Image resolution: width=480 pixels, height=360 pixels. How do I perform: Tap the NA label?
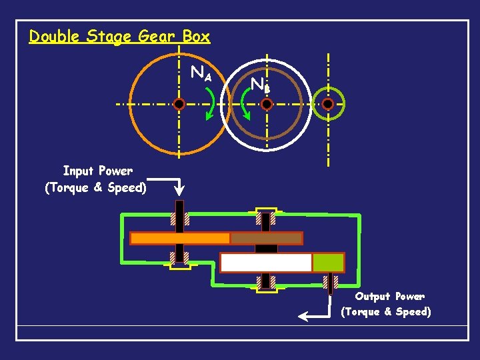(201, 73)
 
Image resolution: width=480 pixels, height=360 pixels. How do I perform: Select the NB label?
(259, 85)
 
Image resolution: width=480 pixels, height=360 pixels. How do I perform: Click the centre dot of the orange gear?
(179, 104)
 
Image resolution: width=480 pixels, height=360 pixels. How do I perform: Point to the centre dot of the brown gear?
(267, 104)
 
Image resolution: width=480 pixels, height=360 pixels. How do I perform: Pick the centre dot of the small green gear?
(328, 104)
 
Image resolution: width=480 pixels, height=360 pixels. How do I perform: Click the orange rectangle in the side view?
(180, 238)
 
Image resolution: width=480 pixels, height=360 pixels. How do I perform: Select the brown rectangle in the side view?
(266, 238)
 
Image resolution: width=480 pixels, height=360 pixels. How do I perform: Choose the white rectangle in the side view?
(266, 263)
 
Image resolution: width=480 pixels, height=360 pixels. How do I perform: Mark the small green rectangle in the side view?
(328, 263)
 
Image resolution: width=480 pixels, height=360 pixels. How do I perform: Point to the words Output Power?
(389, 296)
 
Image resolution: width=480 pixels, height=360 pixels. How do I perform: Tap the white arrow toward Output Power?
(313, 313)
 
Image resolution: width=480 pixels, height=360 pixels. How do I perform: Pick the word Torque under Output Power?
(364, 311)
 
